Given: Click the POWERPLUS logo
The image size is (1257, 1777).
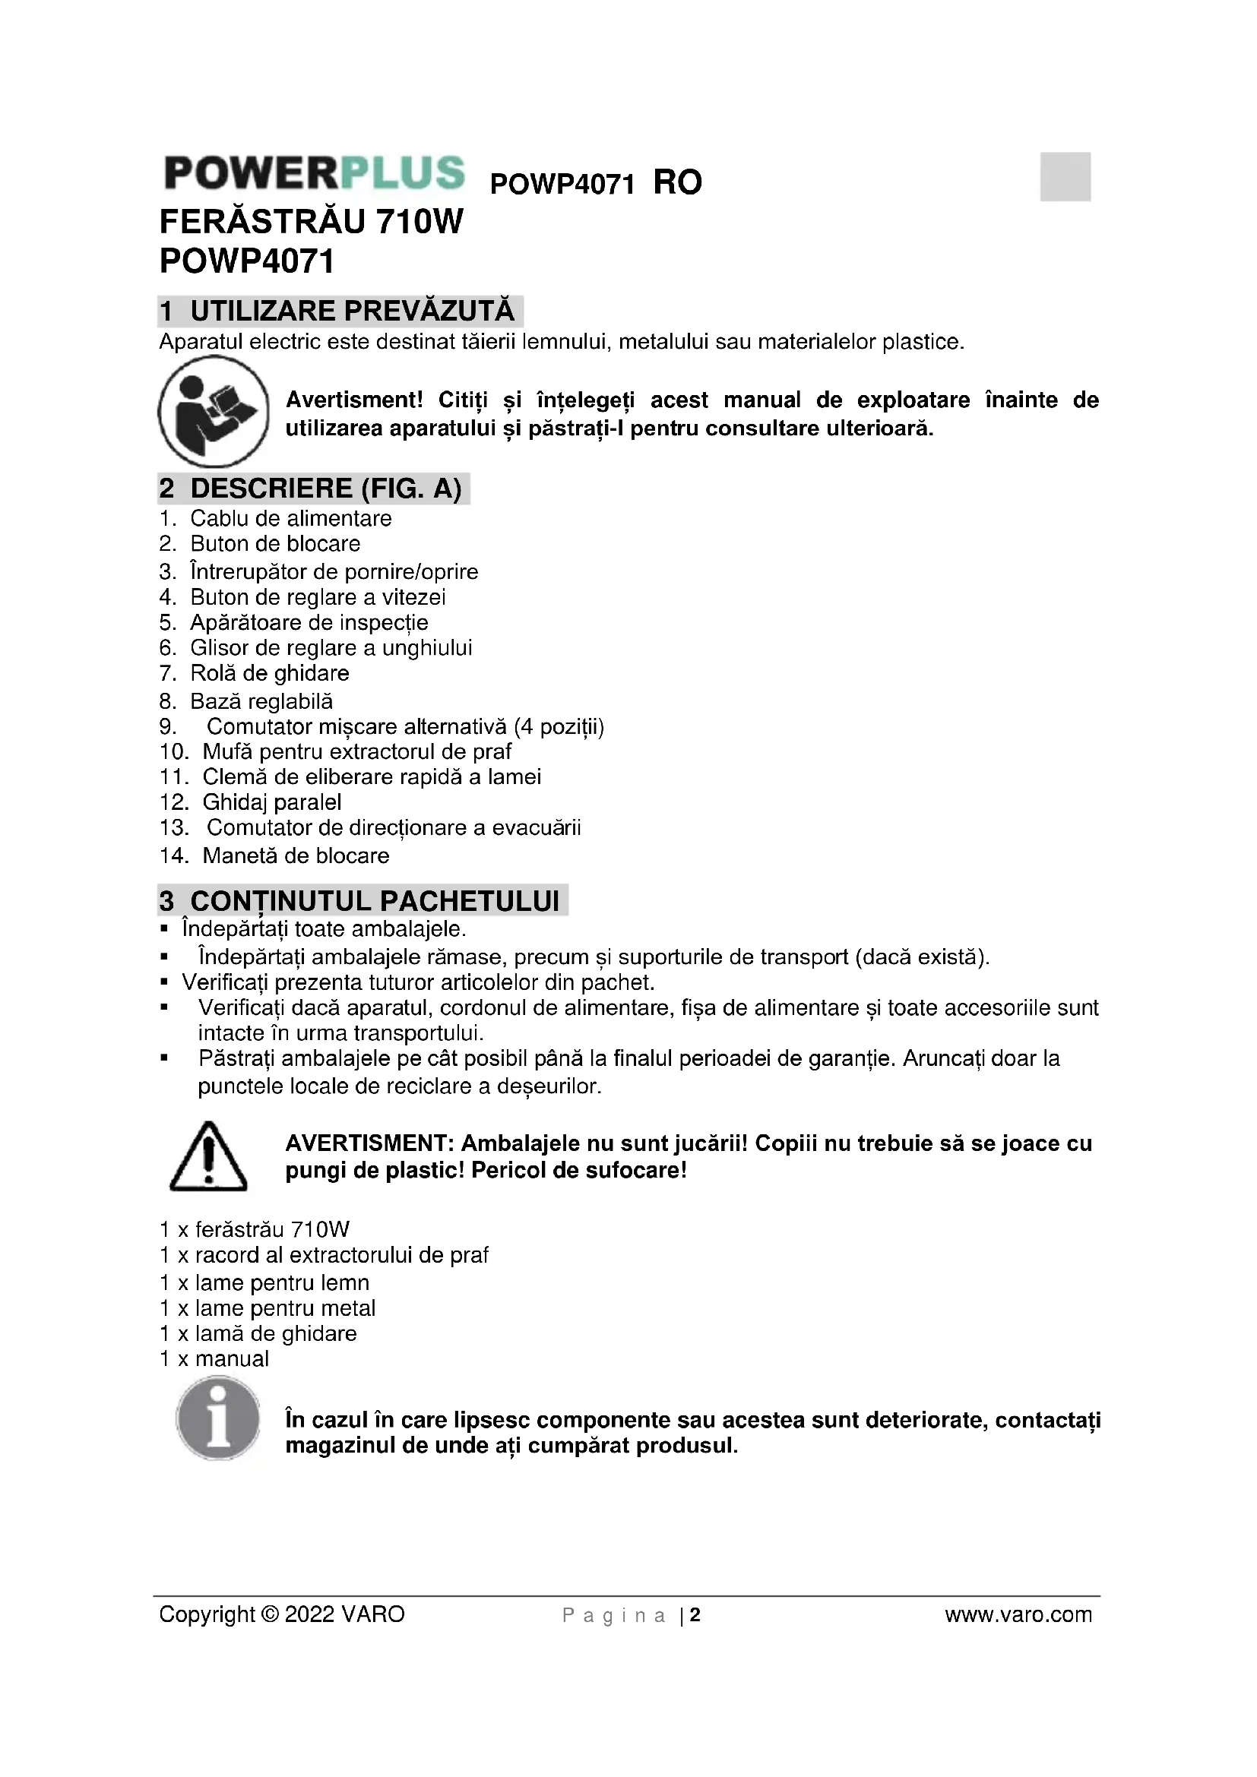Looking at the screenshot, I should [x=315, y=172].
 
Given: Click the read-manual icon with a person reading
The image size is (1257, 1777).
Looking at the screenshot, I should [x=213, y=411].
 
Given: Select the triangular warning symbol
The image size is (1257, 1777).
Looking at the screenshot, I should [x=207, y=1156].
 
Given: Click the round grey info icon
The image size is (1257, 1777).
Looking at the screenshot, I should [x=218, y=1421].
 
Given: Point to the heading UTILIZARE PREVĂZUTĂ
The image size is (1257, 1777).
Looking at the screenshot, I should [x=351, y=311].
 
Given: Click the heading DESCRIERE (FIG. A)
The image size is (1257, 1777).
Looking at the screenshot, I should [x=325, y=489].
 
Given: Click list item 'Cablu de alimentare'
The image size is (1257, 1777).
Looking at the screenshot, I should [x=290, y=518].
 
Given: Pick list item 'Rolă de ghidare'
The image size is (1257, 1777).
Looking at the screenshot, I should [x=269, y=672].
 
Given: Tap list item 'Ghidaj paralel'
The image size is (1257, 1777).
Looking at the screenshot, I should [x=271, y=802].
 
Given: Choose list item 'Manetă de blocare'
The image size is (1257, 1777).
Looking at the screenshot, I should [x=295, y=855].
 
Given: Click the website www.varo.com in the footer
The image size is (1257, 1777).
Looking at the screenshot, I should [x=1018, y=1614].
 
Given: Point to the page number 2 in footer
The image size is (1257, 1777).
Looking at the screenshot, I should [x=695, y=1614].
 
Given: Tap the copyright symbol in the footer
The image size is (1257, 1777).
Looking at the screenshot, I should [x=270, y=1614].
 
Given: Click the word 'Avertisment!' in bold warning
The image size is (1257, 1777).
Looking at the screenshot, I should [x=353, y=400].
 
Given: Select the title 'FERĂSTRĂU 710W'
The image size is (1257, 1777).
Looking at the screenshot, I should [x=311, y=222].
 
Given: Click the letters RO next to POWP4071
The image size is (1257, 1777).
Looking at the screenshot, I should [x=677, y=182].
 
